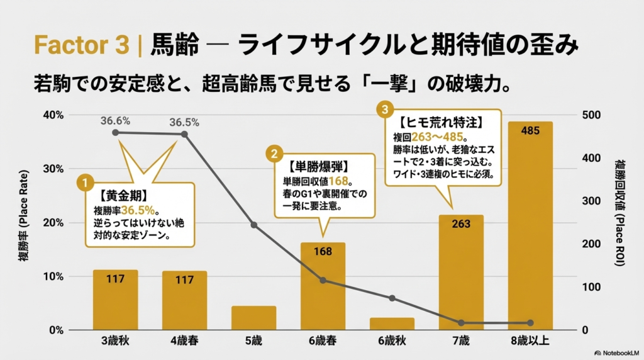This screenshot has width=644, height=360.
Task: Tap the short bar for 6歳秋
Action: pyautogui.click(x=392, y=323)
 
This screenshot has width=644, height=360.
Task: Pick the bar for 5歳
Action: pyautogui.click(x=253, y=318)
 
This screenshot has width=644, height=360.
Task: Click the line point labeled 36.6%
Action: pyautogui.click(x=116, y=132)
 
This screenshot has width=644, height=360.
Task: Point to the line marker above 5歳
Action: pyautogui.click(x=253, y=225)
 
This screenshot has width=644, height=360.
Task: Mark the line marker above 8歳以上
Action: pyautogui.click(x=530, y=323)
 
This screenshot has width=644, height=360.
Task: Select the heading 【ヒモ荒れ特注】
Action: pyautogui.click(x=436, y=120)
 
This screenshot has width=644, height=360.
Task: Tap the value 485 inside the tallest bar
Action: pyautogui.click(x=530, y=131)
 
